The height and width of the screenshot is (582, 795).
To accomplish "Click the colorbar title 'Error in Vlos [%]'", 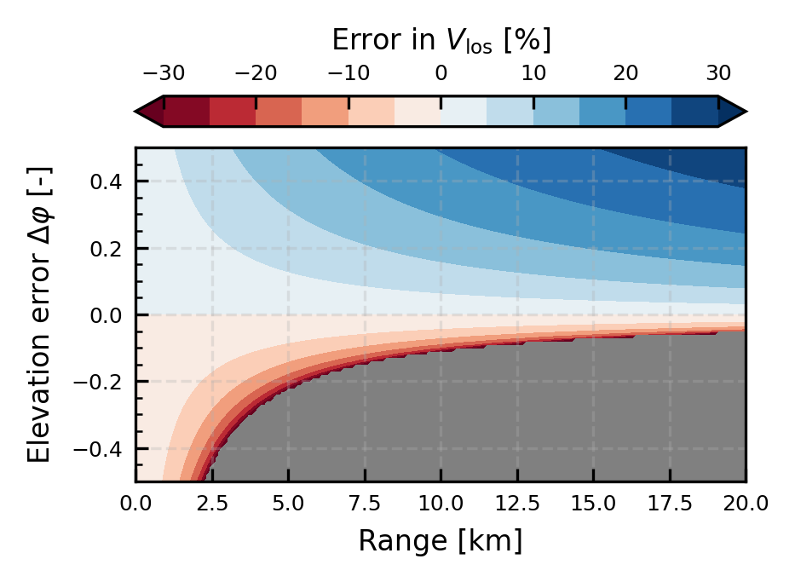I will tap(441, 40).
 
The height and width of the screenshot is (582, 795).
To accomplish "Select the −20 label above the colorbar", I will tap(255, 74).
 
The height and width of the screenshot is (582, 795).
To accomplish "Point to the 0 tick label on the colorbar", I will tap(441, 74).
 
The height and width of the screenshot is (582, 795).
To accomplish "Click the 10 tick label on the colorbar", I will tap(533, 74).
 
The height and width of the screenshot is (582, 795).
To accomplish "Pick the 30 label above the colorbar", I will tap(718, 74).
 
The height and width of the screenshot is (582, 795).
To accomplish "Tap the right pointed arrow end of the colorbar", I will tap(734, 111).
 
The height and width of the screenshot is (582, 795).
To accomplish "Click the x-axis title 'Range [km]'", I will tap(441, 540).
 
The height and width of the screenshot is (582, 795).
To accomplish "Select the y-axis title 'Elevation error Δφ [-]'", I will tap(38, 314).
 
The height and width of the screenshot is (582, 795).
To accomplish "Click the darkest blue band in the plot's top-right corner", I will tap(720, 162).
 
